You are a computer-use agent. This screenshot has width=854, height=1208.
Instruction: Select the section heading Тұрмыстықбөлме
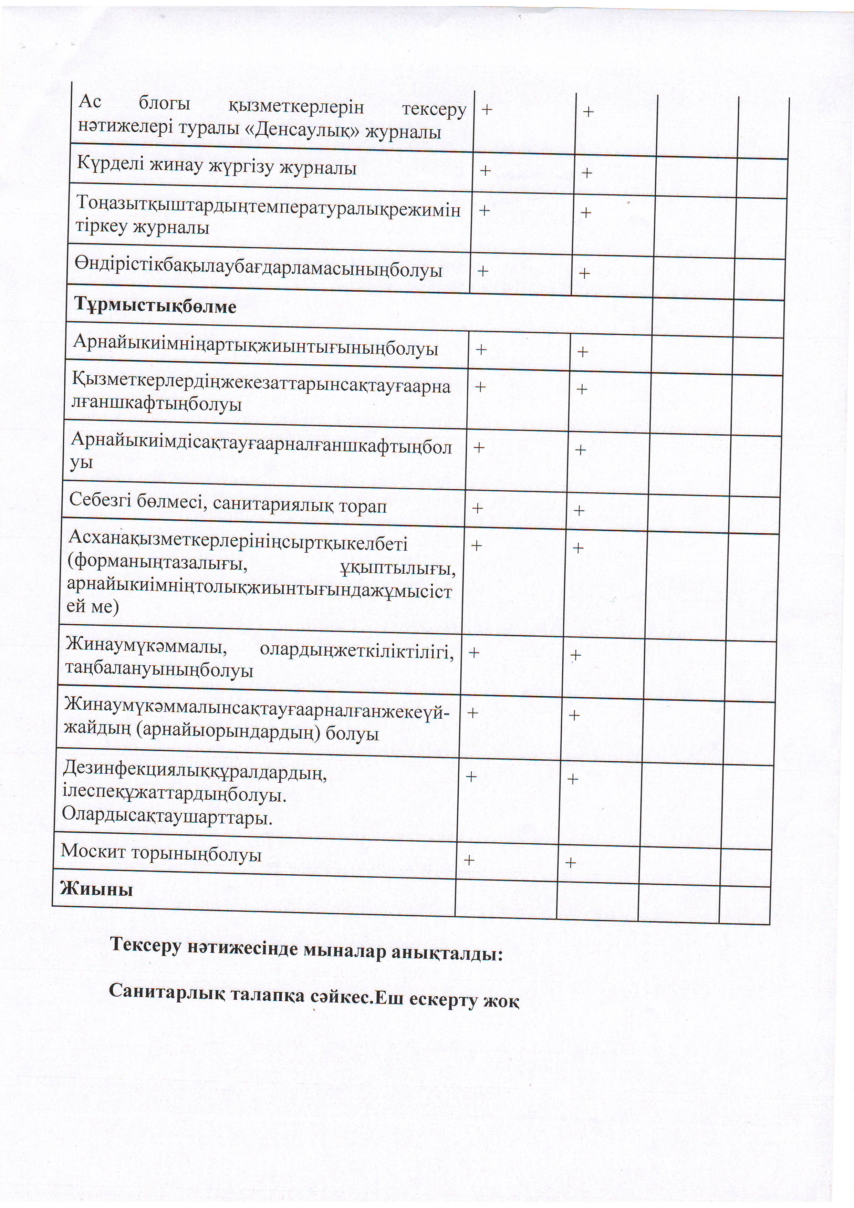point(155,306)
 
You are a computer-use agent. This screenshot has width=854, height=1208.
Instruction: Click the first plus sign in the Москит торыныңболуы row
point(468,860)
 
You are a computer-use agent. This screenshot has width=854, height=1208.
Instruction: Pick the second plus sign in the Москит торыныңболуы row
point(570,862)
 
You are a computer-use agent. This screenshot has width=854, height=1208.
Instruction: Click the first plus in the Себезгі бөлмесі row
point(477,508)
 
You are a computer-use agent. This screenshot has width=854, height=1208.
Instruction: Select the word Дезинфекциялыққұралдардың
point(195,772)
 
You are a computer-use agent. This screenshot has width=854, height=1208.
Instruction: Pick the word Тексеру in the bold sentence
point(145,946)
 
